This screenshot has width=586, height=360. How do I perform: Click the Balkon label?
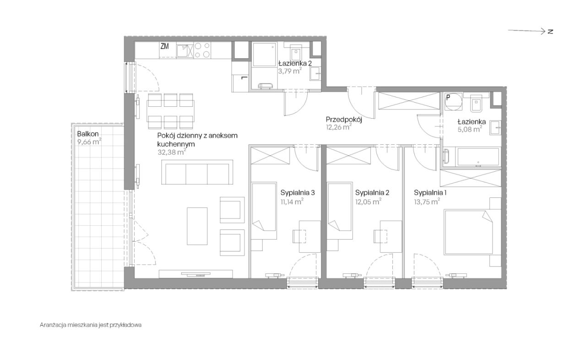point(88,134)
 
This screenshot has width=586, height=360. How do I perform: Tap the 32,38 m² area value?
point(172,152)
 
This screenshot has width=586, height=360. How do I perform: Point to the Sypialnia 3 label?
point(298,193)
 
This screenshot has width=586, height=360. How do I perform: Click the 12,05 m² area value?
point(368,202)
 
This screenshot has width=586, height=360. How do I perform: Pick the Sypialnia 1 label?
point(430,193)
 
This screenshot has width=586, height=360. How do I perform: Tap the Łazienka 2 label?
point(295,63)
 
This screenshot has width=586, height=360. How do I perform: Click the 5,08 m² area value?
point(470,129)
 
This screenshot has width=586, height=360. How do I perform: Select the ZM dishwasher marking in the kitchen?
point(164,47)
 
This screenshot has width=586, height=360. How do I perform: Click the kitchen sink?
point(184,51)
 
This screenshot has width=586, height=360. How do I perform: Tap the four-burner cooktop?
point(202,50)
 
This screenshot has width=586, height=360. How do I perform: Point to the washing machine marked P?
point(454,102)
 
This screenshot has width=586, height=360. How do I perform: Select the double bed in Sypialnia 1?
point(468,232)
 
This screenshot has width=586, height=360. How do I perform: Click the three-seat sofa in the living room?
point(197,172)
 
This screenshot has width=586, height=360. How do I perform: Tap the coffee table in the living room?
point(197,226)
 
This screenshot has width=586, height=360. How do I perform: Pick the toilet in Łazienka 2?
point(296,54)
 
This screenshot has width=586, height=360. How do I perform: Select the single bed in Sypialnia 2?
point(340,211)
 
